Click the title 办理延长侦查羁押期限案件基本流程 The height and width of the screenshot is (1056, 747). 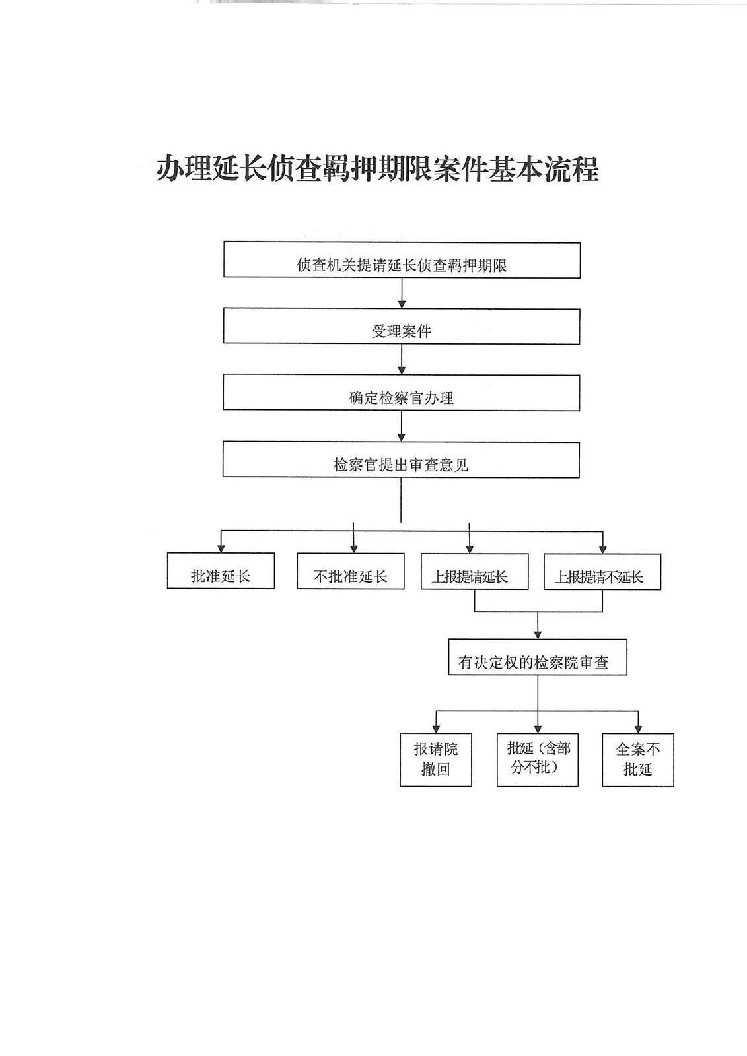point(377,169)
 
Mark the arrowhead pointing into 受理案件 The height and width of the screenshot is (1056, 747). point(402,304)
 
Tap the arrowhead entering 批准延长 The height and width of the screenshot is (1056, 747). point(221,548)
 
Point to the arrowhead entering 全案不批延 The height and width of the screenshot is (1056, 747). point(638,729)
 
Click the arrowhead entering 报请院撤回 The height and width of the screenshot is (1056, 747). point(436,729)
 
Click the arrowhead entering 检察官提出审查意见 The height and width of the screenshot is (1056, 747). point(402,437)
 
